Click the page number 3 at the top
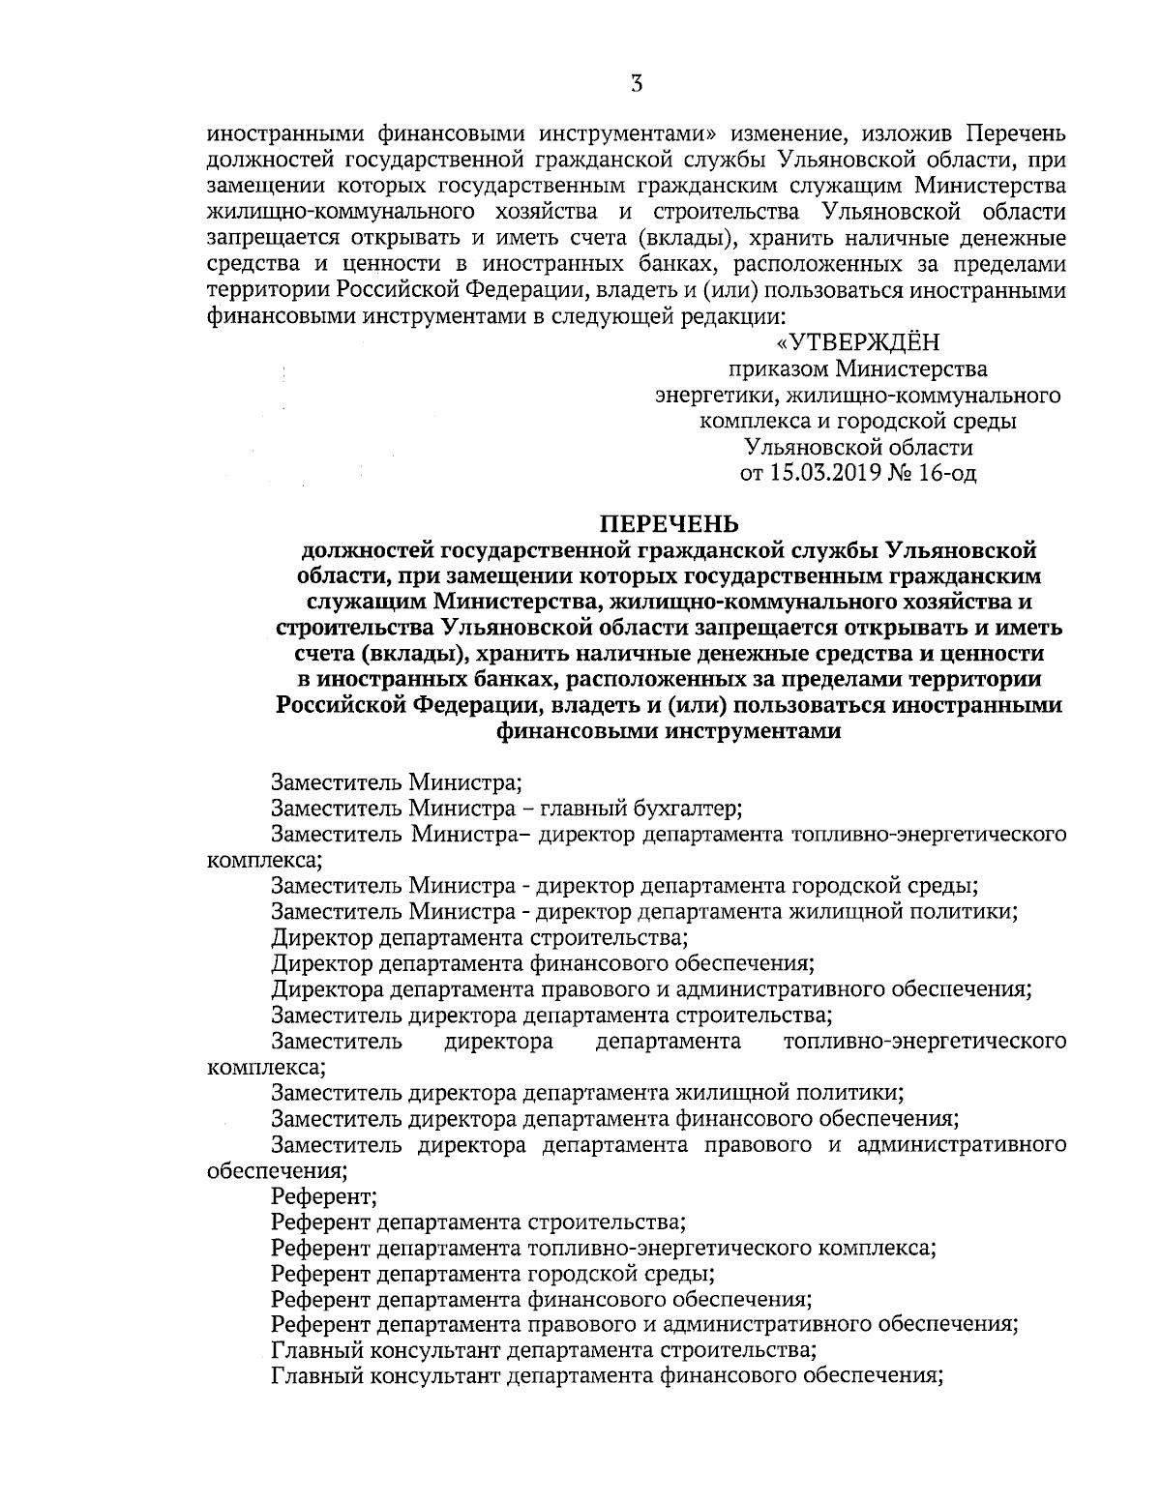[x=636, y=84]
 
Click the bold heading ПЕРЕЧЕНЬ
[x=669, y=524]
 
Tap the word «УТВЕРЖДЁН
[x=858, y=342]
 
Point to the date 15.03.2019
[x=822, y=474]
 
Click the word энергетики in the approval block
[x=717, y=396]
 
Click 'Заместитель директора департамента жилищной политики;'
[x=588, y=1093]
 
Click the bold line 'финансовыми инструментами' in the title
[x=669, y=732]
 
